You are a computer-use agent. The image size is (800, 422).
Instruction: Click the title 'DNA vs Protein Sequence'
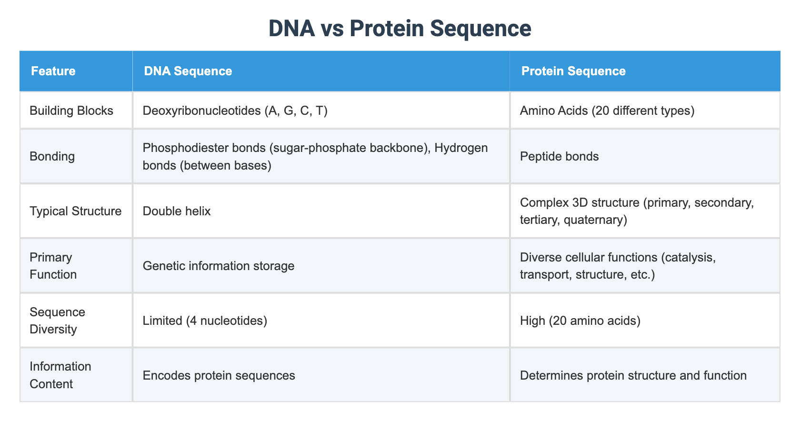[400, 29]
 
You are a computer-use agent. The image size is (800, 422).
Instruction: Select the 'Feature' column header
[53, 71]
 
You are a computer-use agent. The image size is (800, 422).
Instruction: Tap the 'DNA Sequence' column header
[188, 71]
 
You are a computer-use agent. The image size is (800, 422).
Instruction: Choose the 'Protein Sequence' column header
[573, 71]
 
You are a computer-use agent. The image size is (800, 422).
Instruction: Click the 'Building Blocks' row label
[71, 111]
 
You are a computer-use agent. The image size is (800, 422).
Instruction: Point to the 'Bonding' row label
[52, 157]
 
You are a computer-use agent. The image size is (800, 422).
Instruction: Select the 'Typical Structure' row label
[76, 211]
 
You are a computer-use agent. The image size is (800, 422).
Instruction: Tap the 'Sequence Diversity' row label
[57, 321]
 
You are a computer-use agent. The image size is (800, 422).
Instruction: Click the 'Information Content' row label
[60, 375]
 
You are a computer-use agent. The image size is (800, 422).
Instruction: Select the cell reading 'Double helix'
[177, 211]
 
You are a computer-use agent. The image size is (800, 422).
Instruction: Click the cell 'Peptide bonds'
[559, 157]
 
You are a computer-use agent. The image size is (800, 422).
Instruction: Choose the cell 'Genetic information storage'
[219, 266]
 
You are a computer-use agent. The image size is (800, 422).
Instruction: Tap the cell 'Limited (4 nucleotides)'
[205, 321]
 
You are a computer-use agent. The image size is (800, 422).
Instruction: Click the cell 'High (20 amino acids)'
[580, 321]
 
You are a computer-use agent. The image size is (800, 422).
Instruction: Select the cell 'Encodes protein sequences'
[219, 375]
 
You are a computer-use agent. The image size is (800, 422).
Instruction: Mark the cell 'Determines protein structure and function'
[633, 375]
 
